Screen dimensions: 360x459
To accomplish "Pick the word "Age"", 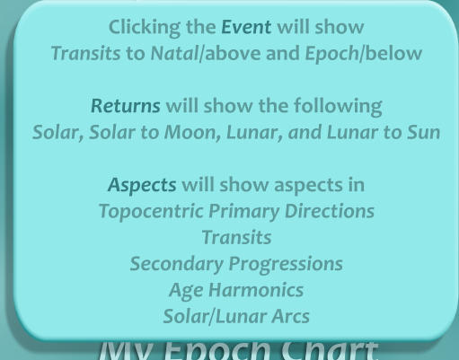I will (x=183, y=290).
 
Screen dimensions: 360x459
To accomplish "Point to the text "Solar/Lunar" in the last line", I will (x=204, y=316).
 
